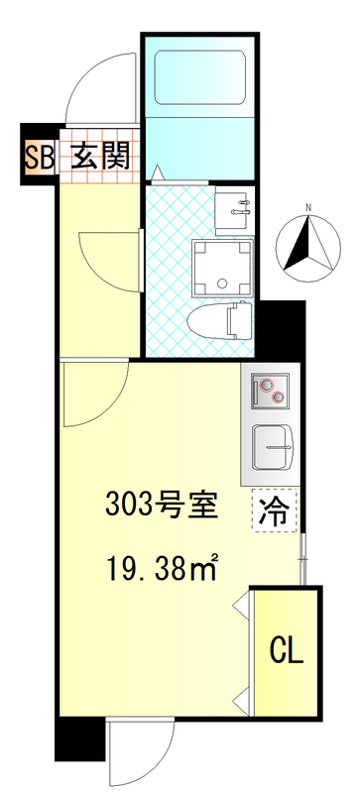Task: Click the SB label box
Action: [x=38, y=156]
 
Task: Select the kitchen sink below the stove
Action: [x=273, y=447]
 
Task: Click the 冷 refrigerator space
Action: [x=273, y=511]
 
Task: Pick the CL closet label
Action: [x=287, y=651]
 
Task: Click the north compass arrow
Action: [x=308, y=242]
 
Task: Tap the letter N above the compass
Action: [x=309, y=207]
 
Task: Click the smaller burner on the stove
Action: [x=281, y=398]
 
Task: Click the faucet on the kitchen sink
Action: [x=286, y=449]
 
